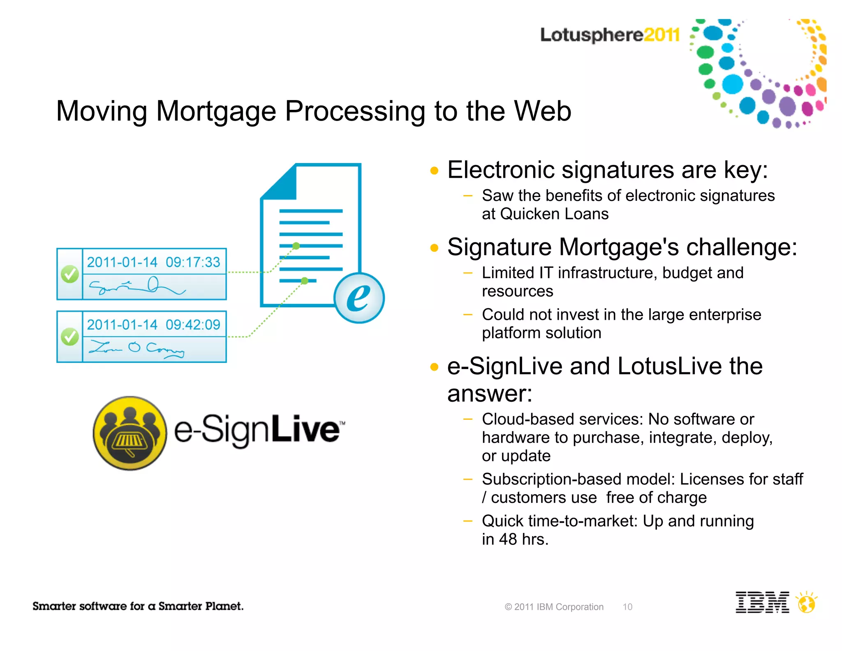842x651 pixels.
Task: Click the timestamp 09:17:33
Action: point(193,262)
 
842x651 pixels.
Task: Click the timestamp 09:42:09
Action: point(193,325)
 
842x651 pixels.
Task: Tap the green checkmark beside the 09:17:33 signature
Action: point(70,274)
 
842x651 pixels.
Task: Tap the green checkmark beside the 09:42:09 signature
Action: point(70,337)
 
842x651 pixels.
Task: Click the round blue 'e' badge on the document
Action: point(359,298)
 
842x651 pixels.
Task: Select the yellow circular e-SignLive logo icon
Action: point(130,433)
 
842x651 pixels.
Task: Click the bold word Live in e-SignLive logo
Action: point(305,429)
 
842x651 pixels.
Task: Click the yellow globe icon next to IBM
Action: point(807,603)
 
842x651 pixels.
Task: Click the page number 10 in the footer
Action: point(627,607)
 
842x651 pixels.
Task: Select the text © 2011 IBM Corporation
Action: point(554,607)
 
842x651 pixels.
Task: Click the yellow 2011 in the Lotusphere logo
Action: point(662,35)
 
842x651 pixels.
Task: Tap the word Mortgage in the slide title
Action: point(216,111)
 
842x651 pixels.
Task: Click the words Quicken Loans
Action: point(554,214)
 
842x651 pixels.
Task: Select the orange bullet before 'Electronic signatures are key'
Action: point(434,170)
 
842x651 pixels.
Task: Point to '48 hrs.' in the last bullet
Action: point(523,539)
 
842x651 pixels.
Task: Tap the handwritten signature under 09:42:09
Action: point(137,349)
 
